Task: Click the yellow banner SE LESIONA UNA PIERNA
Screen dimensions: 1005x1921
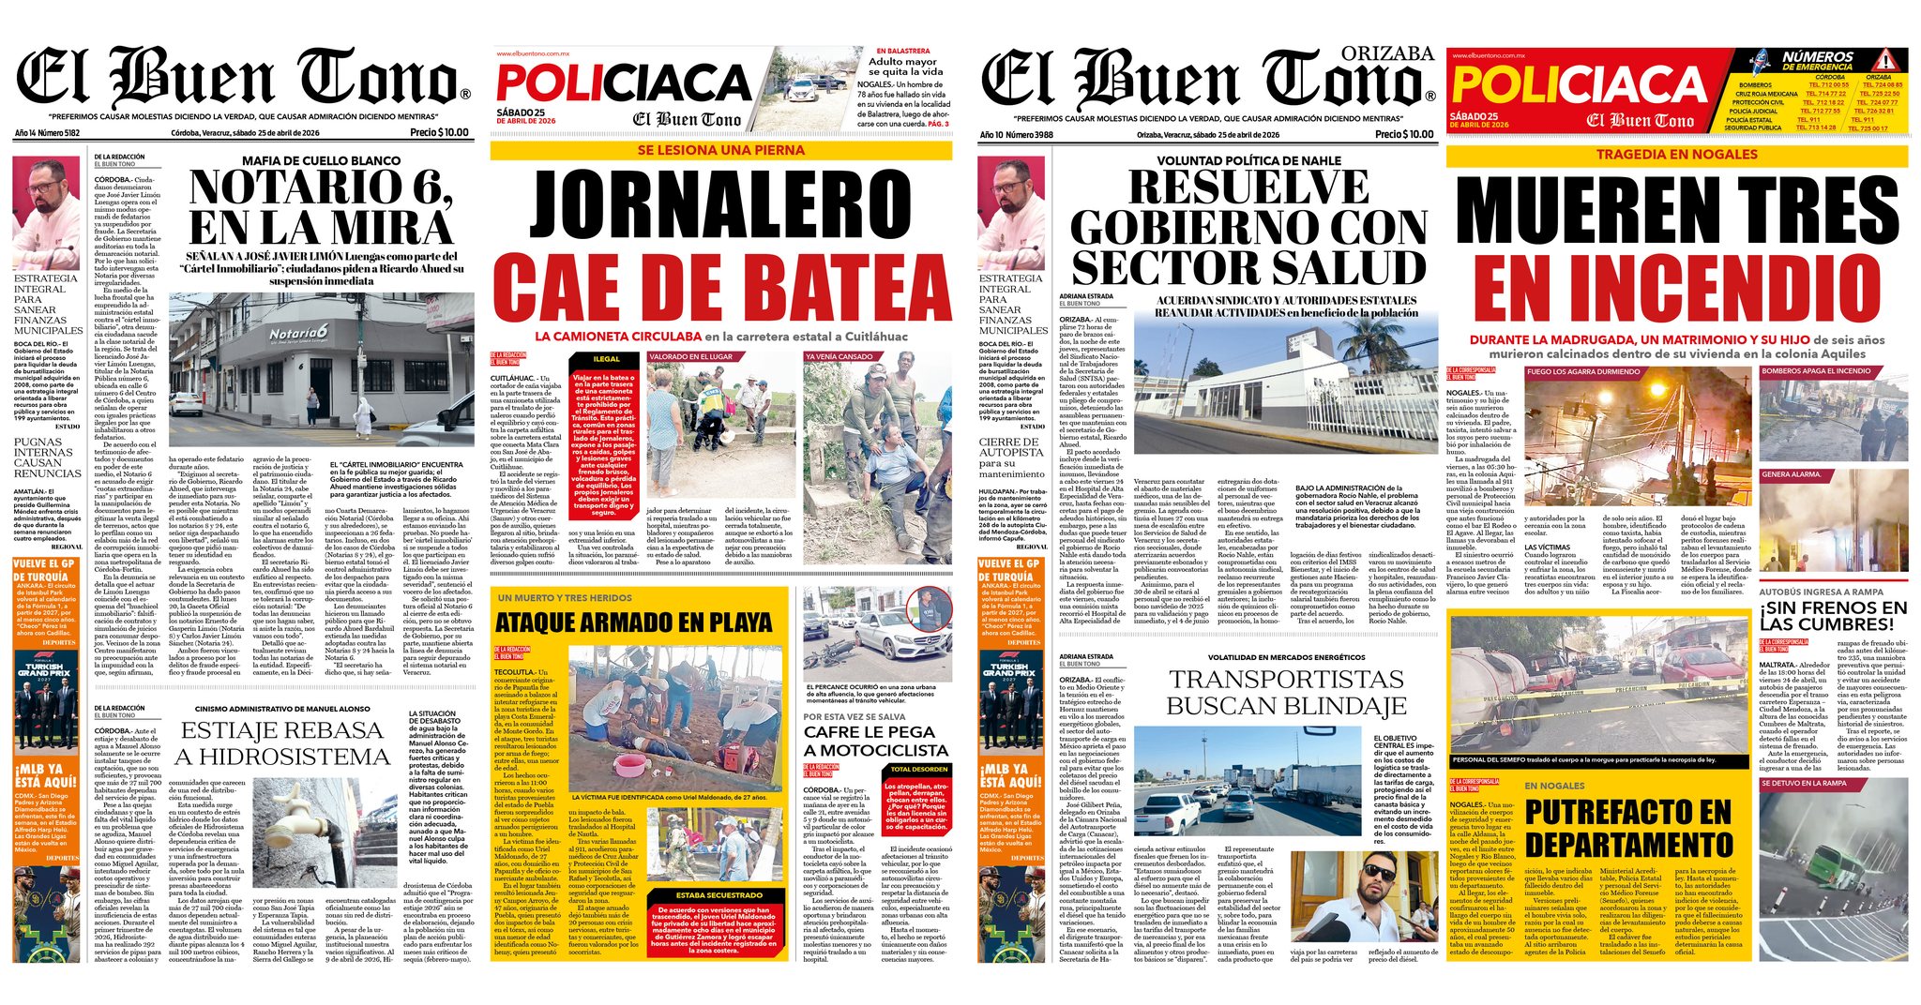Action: pos(720,150)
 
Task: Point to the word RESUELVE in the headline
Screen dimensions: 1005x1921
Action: pos(1248,187)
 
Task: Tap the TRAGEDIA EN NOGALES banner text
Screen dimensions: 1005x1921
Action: pos(1676,155)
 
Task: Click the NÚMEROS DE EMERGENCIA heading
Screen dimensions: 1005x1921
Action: pos(1817,61)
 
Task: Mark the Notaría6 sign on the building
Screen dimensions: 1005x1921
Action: pos(298,334)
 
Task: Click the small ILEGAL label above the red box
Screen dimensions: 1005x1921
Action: pos(606,359)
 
